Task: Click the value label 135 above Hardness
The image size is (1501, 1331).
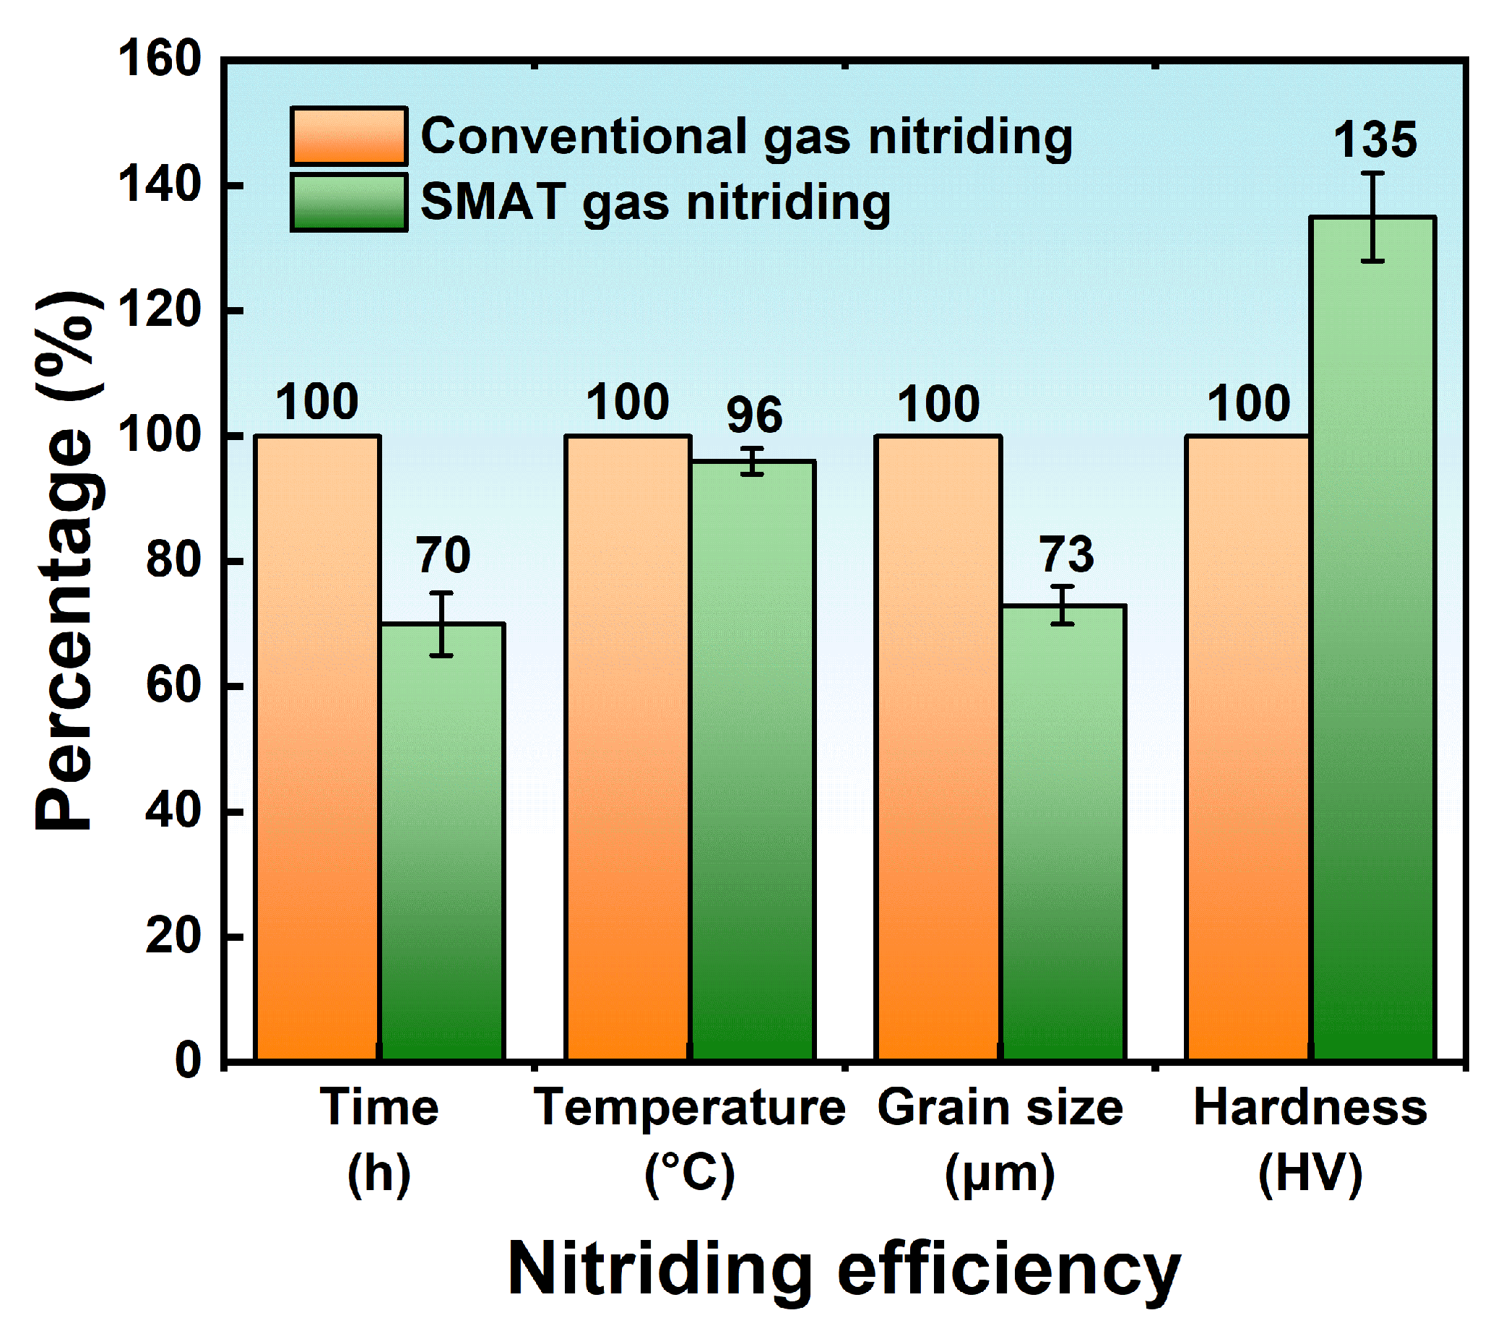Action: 1374,139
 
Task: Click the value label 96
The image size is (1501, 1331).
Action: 754,415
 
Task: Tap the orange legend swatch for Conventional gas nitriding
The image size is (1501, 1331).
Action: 348,136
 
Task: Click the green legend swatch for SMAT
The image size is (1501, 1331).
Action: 348,202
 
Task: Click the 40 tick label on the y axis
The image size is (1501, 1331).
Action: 173,811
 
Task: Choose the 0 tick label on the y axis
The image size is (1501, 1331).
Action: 188,1061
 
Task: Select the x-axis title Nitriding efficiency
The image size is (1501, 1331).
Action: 844,1270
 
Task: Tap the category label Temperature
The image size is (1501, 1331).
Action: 689,1108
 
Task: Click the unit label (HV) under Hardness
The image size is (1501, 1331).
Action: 1310,1173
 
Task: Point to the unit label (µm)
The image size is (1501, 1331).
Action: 1000,1173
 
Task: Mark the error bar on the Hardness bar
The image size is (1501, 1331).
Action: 1372,217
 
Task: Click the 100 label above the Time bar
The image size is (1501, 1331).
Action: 316,402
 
